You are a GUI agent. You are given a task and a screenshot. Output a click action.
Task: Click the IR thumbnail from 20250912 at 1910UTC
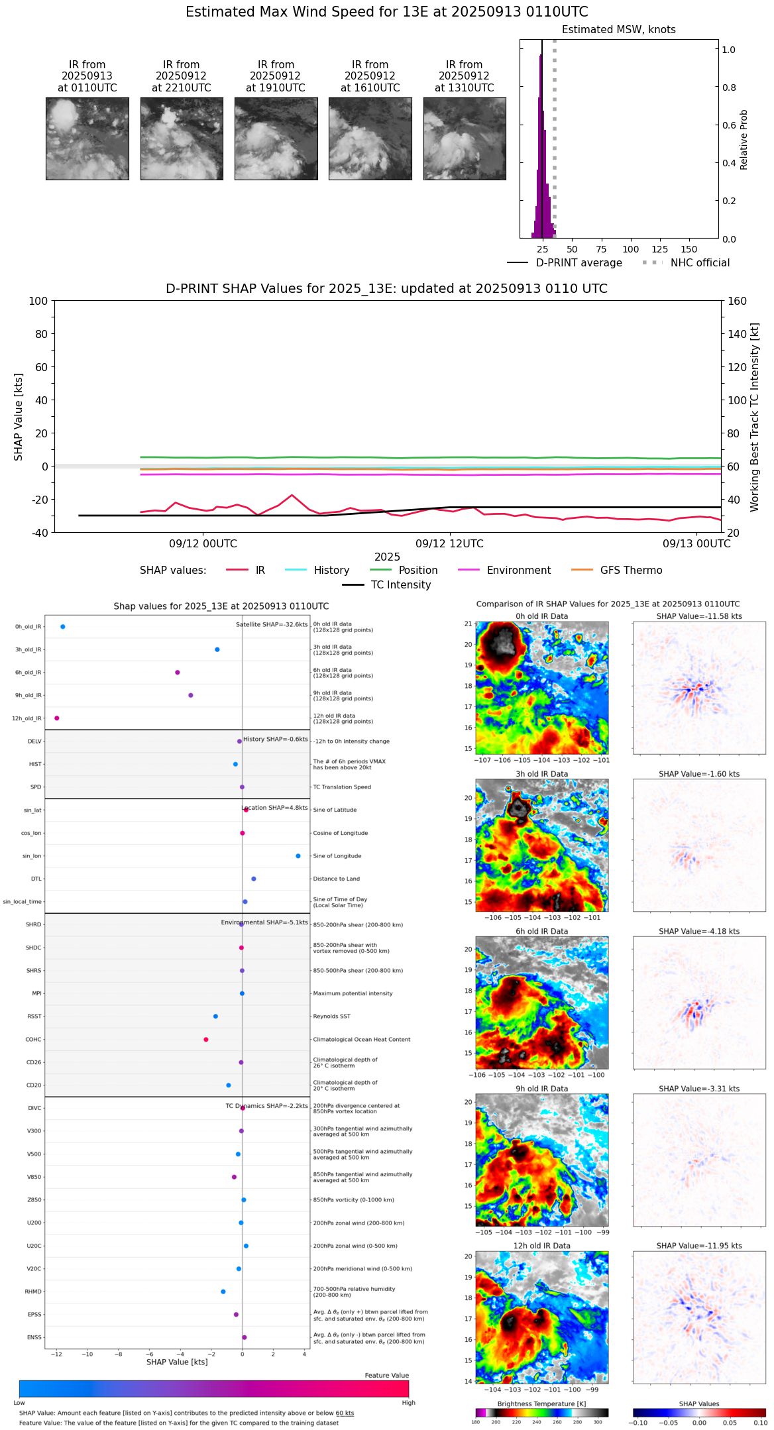tap(276, 138)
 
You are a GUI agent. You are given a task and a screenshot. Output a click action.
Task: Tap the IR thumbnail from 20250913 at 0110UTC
tap(87, 138)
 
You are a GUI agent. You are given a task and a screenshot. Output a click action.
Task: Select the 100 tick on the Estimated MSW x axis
tap(630, 249)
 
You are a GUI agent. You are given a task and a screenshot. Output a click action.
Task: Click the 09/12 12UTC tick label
tap(450, 544)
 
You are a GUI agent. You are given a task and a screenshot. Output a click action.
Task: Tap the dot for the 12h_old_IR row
tap(57, 718)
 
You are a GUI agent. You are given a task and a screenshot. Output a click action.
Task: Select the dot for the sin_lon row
tap(298, 856)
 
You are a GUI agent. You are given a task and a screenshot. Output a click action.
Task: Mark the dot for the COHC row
tap(206, 1040)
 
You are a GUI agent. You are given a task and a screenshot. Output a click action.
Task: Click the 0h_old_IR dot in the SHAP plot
tap(63, 627)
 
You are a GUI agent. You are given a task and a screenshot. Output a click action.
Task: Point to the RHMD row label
tap(33, 1292)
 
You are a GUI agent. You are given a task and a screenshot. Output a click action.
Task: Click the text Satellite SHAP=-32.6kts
tap(272, 625)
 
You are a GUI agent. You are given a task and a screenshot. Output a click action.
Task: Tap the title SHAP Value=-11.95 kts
tap(699, 1246)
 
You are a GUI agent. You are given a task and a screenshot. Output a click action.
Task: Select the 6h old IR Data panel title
tap(541, 931)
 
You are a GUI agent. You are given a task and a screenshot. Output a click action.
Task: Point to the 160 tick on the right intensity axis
tap(738, 302)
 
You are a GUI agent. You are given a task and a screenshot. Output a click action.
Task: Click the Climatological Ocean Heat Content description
tap(361, 1040)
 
